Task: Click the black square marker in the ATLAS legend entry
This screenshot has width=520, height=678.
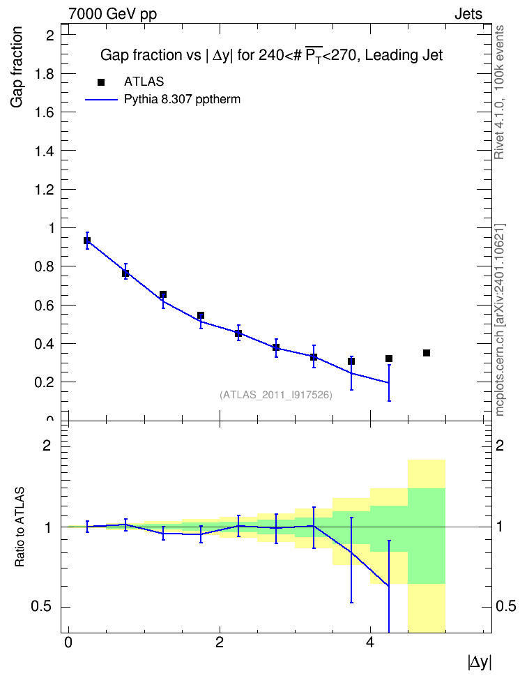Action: (101, 82)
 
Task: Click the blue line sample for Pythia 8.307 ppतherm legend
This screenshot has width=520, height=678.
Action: (101, 100)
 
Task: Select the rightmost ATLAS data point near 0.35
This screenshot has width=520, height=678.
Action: (427, 353)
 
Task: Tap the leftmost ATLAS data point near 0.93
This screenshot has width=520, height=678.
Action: (87, 241)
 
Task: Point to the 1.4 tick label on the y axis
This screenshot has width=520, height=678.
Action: (44, 151)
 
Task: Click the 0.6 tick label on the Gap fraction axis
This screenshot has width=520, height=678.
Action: (44, 306)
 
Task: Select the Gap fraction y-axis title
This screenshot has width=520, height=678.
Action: (17, 67)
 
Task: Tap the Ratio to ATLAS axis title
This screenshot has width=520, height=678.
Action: (20, 527)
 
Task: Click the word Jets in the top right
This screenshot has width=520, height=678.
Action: (468, 14)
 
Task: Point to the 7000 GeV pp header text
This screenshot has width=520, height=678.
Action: (112, 14)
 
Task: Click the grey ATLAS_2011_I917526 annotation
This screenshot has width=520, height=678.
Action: (276, 395)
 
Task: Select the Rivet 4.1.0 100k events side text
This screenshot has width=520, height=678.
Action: (499, 92)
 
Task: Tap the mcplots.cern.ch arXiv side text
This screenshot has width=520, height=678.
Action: (499, 319)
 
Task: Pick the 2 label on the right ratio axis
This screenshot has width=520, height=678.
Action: (500, 445)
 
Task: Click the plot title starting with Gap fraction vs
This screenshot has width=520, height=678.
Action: (271, 55)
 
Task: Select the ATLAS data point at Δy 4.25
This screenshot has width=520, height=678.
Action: (388, 359)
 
